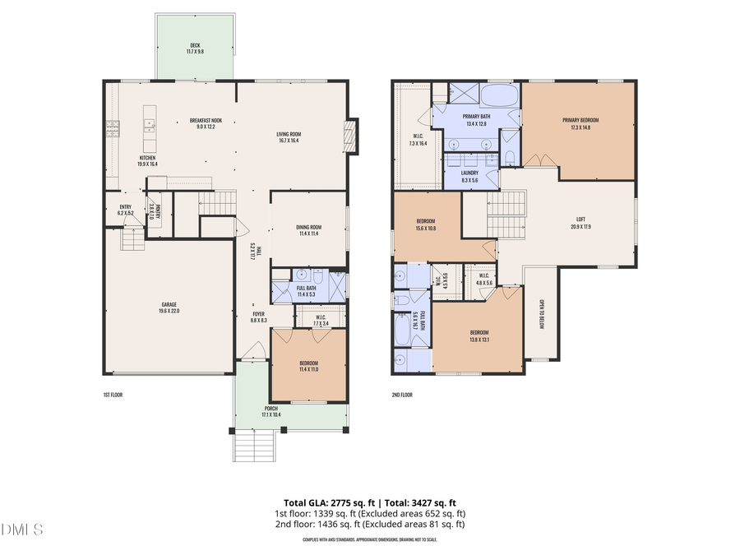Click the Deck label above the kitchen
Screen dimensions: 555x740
[195, 49]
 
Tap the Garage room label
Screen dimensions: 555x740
[169, 308]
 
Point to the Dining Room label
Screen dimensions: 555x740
[308, 231]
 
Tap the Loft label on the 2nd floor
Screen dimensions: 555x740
[581, 223]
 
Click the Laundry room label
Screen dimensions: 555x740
[470, 176]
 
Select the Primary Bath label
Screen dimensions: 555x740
[477, 120]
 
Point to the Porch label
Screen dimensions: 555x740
[271, 411]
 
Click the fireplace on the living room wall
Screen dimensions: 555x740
[349, 136]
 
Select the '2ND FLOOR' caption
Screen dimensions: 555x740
[402, 395]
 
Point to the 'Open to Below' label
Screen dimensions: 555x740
[543, 312]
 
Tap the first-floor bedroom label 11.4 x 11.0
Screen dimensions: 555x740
[308, 366]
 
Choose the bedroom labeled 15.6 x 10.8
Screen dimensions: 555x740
[425, 224]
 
